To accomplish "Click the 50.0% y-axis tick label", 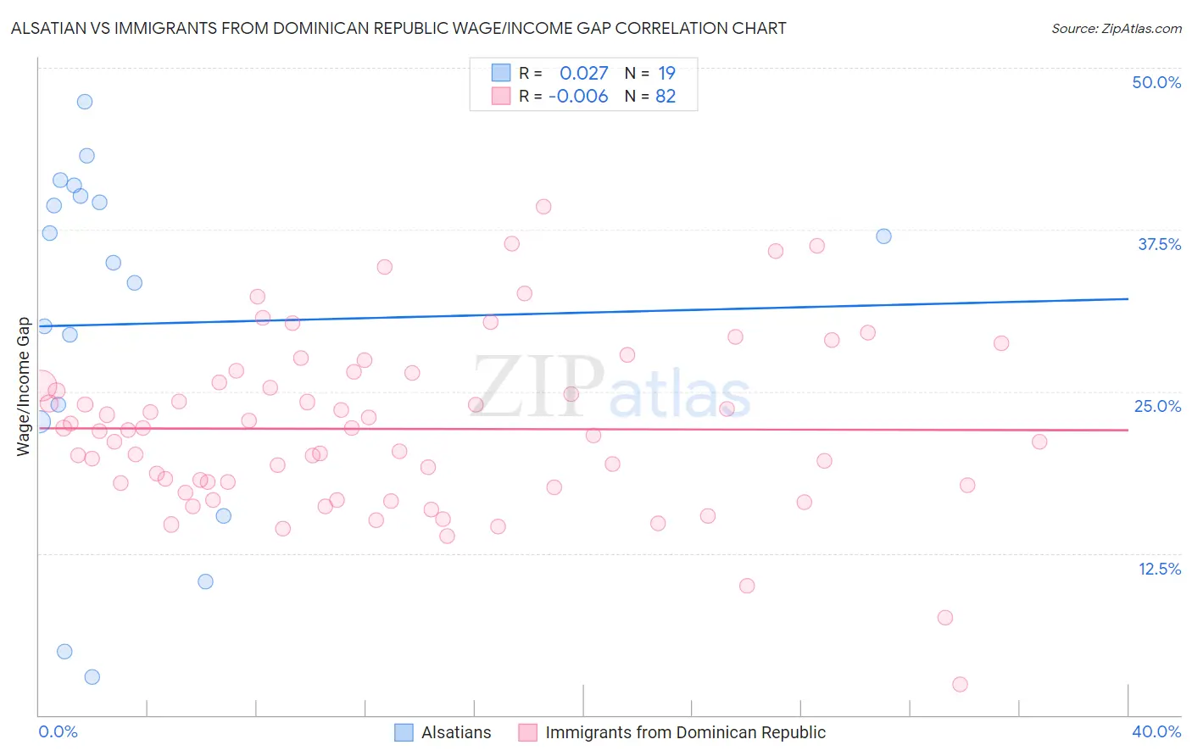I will (1156, 82).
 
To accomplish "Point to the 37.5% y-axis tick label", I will (1158, 244).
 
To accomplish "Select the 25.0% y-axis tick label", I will (1156, 406).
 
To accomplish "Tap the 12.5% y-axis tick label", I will (1158, 569).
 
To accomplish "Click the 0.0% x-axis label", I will (58, 731).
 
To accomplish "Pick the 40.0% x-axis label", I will (1156, 731).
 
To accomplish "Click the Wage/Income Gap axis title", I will (23, 386).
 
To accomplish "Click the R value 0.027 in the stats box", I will (583, 74).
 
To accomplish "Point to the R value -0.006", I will (578, 97).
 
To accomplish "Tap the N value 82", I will (666, 97).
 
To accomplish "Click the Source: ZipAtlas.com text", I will (1116, 29).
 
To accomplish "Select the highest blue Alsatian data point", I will (85, 102).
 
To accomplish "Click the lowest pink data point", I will (960, 684).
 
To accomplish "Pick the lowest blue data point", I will (92, 676).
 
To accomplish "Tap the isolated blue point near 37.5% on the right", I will (883, 236).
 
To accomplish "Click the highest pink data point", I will (543, 207).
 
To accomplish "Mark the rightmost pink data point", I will (1039, 442).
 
